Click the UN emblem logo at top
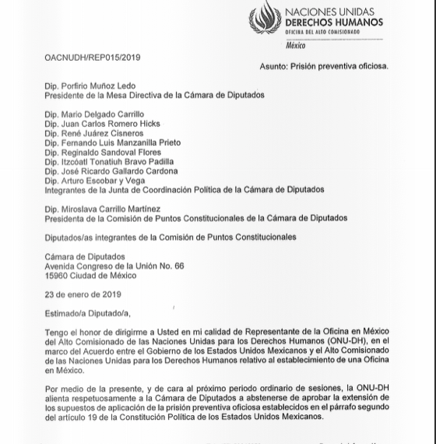[x=265, y=18]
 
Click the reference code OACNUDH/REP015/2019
[x=93, y=58]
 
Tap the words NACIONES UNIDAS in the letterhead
[x=329, y=12]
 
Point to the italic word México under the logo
[x=296, y=46]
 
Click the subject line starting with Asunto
[x=324, y=67]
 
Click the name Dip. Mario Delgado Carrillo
[x=94, y=115]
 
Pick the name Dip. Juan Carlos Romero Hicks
[x=102, y=124]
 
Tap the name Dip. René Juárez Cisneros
[x=94, y=133]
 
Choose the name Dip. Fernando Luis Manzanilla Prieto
[x=112, y=143]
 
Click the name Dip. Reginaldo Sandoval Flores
[x=103, y=153]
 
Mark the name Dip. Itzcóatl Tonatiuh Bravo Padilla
[x=109, y=162]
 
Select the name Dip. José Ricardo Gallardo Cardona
[x=111, y=171]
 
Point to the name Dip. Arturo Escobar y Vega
[x=95, y=181]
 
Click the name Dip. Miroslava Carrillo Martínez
[x=103, y=209]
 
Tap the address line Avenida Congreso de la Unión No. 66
[x=114, y=266]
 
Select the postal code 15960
[x=56, y=276]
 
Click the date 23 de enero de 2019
[x=83, y=295]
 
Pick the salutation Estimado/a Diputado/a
[x=87, y=314]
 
